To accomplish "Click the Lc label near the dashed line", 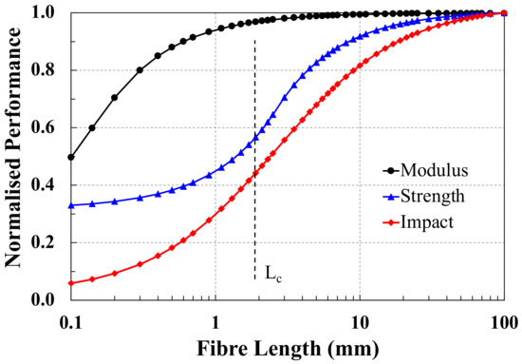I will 272,276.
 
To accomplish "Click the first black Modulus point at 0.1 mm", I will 71,157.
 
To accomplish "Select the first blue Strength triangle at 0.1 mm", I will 71,205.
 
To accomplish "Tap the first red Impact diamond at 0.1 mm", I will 71,283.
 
